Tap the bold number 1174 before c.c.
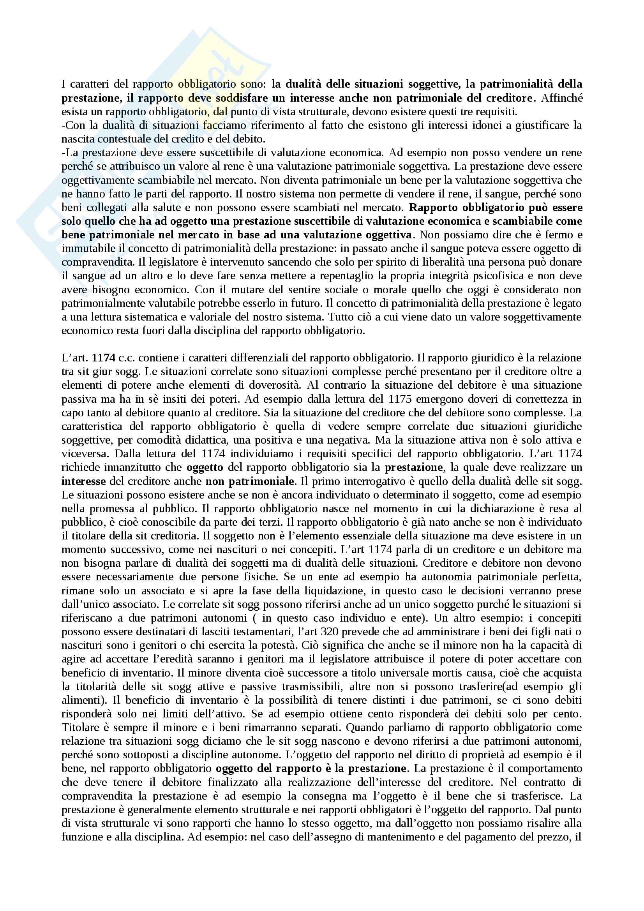click(x=104, y=358)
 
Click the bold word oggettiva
click(x=389, y=235)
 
